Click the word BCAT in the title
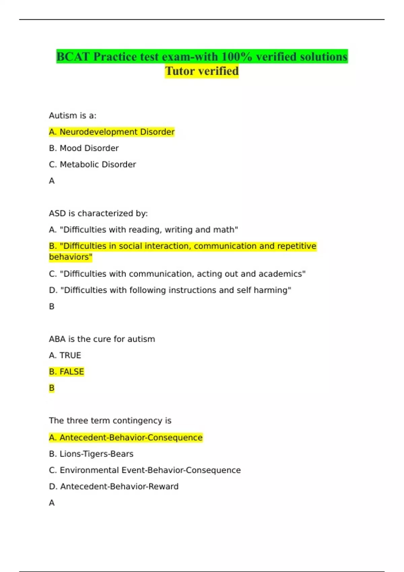pos(73,57)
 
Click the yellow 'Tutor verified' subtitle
pos(202,71)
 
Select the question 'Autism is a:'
pos(73,116)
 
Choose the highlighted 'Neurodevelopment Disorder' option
pos(112,132)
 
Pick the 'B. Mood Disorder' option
pos(84,148)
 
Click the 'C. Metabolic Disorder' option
pos(93,165)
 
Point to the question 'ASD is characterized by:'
pos(98,214)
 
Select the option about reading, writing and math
pos(143,230)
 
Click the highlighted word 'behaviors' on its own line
pos(70,257)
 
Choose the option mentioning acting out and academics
pos(177,274)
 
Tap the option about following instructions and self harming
pos(170,290)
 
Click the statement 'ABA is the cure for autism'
pos(102,339)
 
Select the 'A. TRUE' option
pos(65,356)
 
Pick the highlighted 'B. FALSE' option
pos(66,372)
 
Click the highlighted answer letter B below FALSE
pos(52,388)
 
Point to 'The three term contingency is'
pos(110,421)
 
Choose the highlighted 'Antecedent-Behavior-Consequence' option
pos(126,438)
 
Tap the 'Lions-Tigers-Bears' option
pos(91,454)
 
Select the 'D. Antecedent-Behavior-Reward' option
pos(114,487)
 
